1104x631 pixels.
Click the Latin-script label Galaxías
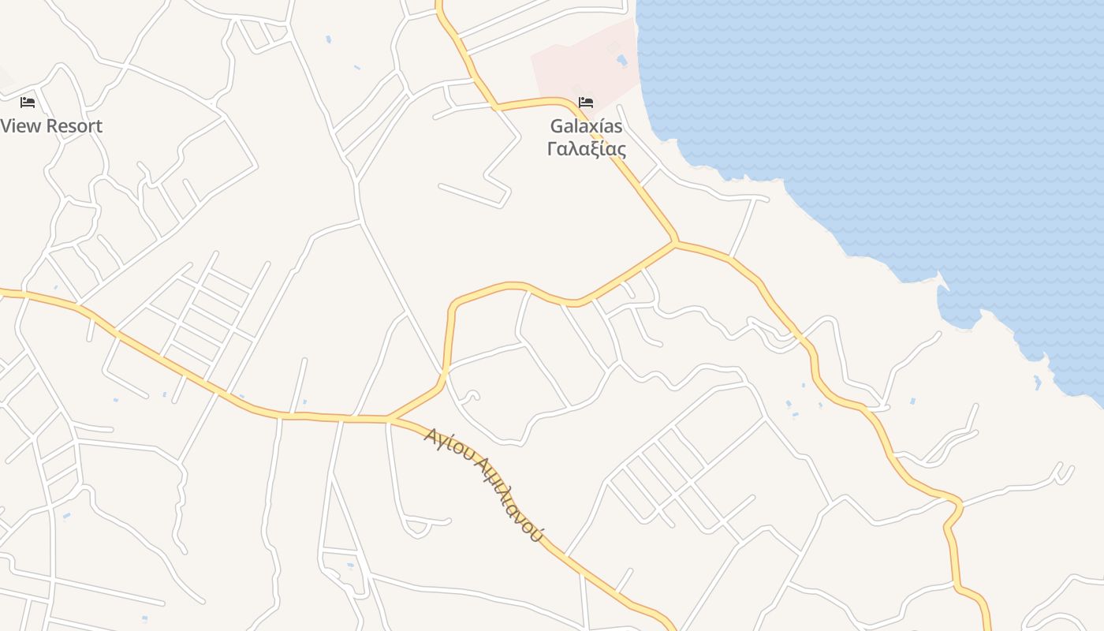pyautogui.click(x=586, y=126)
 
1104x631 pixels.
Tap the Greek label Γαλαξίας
pyautogui.click(x=586, y=148)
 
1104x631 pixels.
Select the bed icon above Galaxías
pyautogui.click(x=585, y=103)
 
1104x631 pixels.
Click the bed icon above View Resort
pyautogui.click(x=28, y=103)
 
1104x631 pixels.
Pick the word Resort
pyautogui.click(x=74, y=126)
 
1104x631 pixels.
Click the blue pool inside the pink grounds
pyautogui.click(x=621, y=60)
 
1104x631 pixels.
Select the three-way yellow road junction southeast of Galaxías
pyautogui.click(x=676, y=243)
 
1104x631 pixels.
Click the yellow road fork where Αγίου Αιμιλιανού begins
pyautogui.click(x=388, y=418)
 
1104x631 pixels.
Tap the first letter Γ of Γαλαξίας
pyautogui.click(x=552, y=148)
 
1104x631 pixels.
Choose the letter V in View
pyautogui.click(x=7, y=126)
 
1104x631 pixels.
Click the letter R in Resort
pyautogui.click(x=52, y=126)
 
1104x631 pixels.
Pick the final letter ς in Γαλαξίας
pyautogui.click(x=621, y=150)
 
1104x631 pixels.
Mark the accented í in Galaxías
pyautogui.click(x=604, y=126)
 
